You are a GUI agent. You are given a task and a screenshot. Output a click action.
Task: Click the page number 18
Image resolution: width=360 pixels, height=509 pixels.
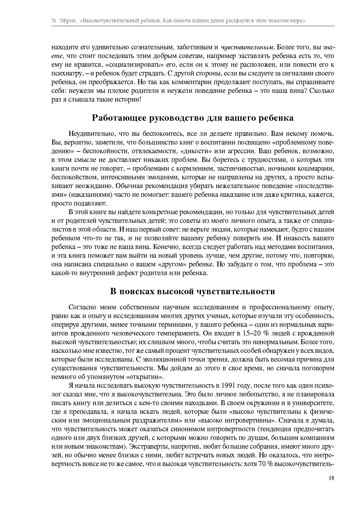[331, 478]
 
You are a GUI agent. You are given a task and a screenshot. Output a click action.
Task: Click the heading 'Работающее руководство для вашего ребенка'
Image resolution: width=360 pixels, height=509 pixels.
[193, 118]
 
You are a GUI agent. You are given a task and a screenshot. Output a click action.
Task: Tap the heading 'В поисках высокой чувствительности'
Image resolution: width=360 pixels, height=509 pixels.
[193, 291]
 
